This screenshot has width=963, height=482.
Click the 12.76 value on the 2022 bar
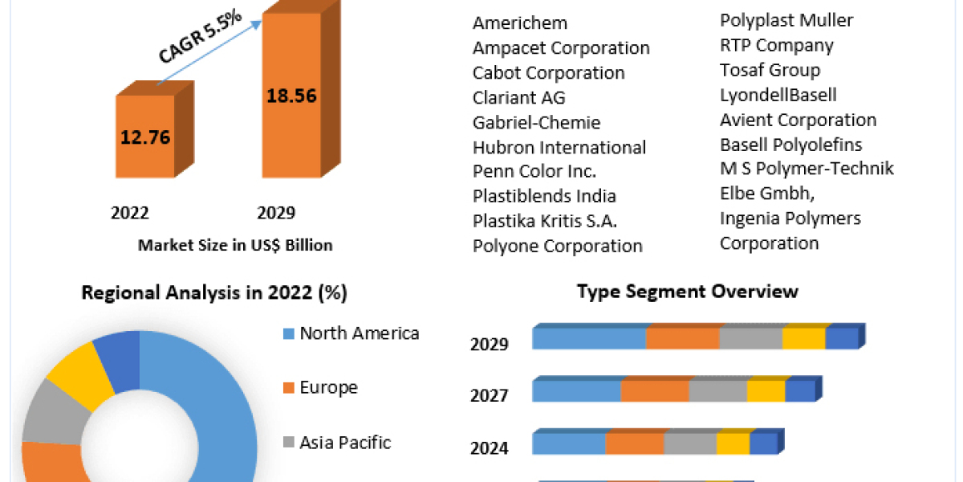click(x=144, y=137)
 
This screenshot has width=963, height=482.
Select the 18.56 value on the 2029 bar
click(x=291, y=96)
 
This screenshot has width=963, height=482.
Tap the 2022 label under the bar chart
click(x=130, y=213)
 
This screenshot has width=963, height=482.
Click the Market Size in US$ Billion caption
click(x=235, y=245)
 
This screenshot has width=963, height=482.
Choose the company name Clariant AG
click(x=518, y=97)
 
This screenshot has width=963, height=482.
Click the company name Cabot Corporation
click(x=548, y=72)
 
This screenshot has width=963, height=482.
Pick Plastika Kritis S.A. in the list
click(x=544, y=221)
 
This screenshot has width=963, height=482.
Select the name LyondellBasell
click(x=778, y=95)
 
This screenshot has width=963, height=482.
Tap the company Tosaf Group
click(x=770, y=70)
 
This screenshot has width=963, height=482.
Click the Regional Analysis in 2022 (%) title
click(x=214, y=293)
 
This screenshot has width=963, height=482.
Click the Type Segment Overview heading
click(x=687, y=291)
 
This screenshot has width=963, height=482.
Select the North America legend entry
click(x=359, y=333)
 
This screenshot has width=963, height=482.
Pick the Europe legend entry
click(x=328, y=387)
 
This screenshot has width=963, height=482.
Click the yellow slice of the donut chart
click(x=79, y=371)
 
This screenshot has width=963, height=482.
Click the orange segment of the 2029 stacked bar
click(x=682, y=338)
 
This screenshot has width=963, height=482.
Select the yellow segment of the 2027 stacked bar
click(x=766, y=390)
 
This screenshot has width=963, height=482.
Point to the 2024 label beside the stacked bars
click(x=489, y=447)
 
